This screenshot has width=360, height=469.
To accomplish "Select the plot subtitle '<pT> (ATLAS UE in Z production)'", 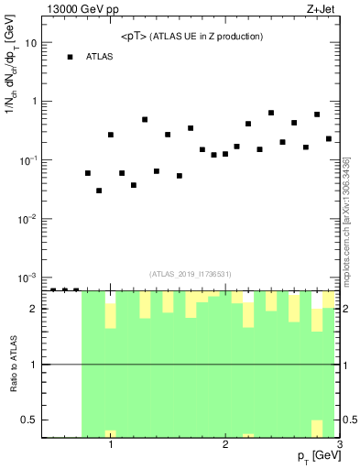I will coord(192,37).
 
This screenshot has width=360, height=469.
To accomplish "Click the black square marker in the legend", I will coord(70,57).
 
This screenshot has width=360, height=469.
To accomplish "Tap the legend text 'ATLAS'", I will coord(100,57).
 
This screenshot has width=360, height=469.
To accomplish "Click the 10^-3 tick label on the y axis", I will coord(28,278).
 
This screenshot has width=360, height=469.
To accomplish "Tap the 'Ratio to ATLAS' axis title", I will coord(14,365).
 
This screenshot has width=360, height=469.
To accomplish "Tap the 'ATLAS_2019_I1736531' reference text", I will coord(190,274).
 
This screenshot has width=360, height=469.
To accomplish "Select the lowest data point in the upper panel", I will coord(99,191).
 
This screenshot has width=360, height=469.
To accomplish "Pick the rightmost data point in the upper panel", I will coord(328,139).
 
